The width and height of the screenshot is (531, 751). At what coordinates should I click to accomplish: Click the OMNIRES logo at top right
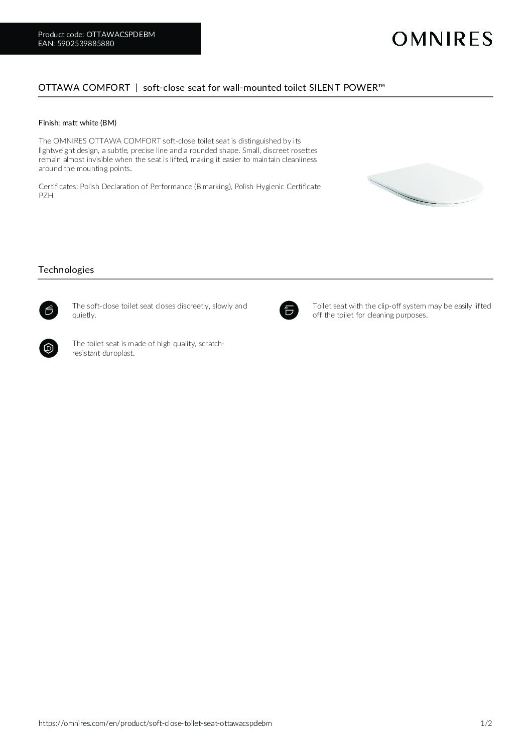[x=442, y=39]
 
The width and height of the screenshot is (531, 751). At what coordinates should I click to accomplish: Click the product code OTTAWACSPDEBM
[x=120, y=35]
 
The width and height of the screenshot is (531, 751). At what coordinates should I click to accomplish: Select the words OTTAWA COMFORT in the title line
[x=84, y=88]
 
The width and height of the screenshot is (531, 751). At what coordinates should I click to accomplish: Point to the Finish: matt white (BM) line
[x=77, y=122]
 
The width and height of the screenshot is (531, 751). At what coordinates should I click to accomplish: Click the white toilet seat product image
[x=426, y=185]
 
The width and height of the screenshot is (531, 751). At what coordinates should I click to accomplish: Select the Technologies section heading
[x=66, y=270]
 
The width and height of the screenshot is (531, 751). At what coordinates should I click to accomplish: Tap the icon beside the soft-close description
[x=49, y=311]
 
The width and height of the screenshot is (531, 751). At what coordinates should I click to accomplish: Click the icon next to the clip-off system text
[x=289, y=311]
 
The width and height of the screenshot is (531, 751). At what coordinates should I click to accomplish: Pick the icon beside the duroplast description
[x=49, y=348]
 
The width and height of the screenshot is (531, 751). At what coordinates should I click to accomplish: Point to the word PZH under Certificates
[x=46, y=196]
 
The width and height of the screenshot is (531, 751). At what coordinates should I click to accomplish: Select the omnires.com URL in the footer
[x=155, y=723]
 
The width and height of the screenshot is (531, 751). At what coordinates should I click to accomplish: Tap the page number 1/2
[x=486, y=723]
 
